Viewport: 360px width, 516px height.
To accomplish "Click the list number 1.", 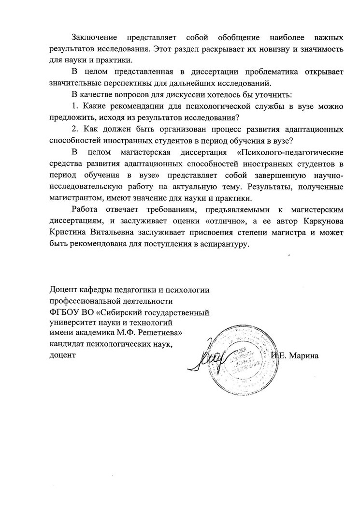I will [74, 106].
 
